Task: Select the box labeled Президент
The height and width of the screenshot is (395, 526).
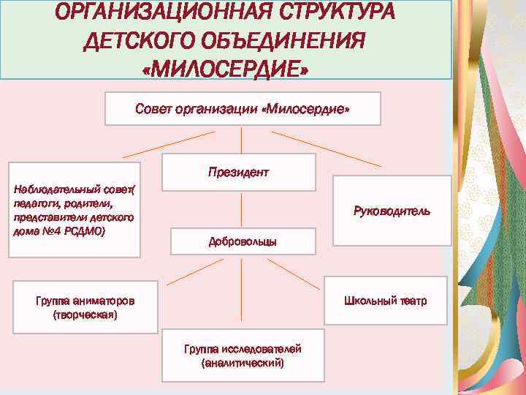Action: pyautogui.click(x=238, y=173)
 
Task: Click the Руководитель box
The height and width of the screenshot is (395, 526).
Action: pyautogui.click(x=391, y=211)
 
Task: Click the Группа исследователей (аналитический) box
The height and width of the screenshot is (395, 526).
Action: pyautogui.click(x=243, y=355)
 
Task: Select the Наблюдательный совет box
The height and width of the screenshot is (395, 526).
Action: pyautogui.click(x=74, y=210)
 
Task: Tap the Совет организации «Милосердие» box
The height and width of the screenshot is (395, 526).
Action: pyautogui.click(x=243, y=108)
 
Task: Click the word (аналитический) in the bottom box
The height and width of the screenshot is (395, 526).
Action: pyautogui.click(x=243, y=362)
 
